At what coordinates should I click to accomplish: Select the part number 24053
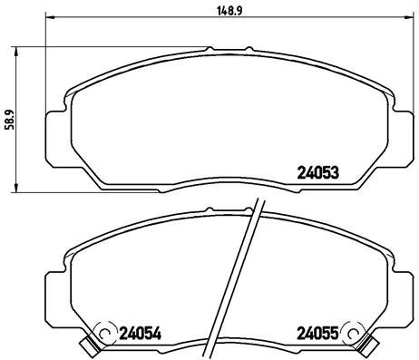(x=319, y=172)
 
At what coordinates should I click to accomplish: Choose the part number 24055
(x=318, y=333)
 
